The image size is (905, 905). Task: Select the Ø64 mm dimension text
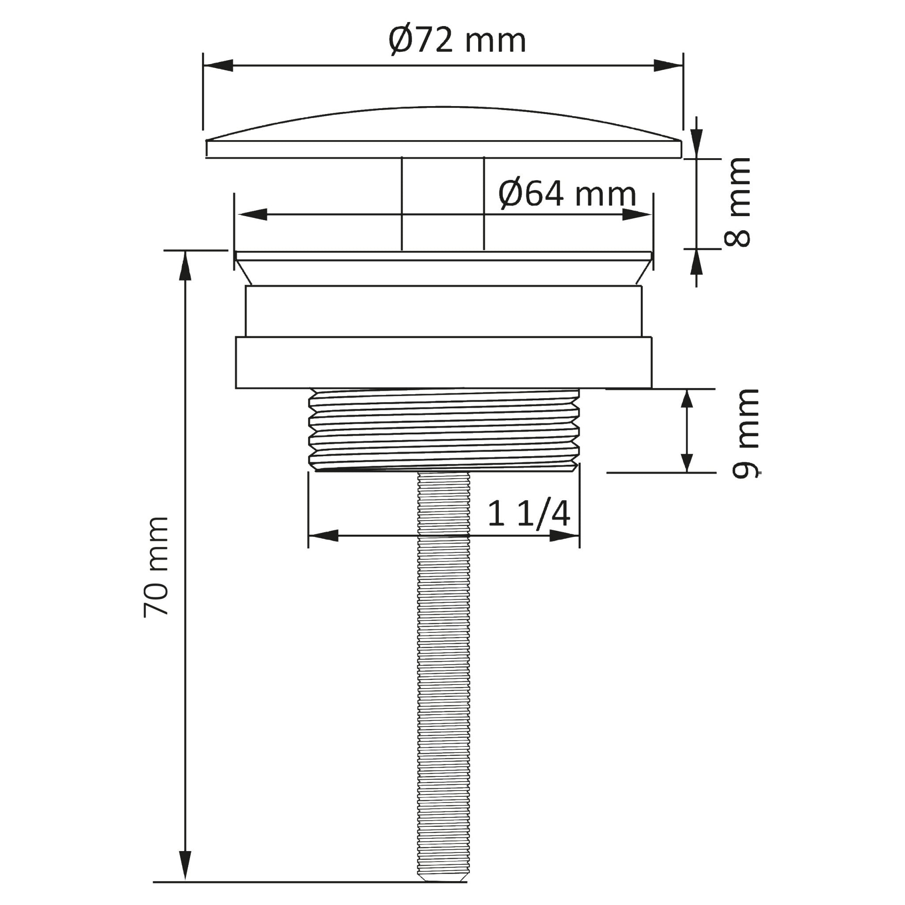pos(567,194)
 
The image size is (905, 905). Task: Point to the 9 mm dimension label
pos(745,433)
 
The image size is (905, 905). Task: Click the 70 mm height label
pos(156,567)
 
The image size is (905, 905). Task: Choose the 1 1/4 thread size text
pos(529,514)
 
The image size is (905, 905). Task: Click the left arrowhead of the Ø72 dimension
pos(218,65)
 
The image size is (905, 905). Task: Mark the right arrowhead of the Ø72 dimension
pos(668,65)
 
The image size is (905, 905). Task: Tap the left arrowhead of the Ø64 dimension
pos(252,214)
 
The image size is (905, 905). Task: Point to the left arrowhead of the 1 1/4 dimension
pos(323,536)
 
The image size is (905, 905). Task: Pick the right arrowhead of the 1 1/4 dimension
pos(564,536)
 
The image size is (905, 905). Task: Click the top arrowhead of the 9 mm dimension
pos(687,403)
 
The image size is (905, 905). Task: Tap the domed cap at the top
pos(443,133)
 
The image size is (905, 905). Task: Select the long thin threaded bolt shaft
pos(443,679)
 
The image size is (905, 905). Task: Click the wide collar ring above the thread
pos(443,363)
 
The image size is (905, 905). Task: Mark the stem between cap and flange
pos(443,204)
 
